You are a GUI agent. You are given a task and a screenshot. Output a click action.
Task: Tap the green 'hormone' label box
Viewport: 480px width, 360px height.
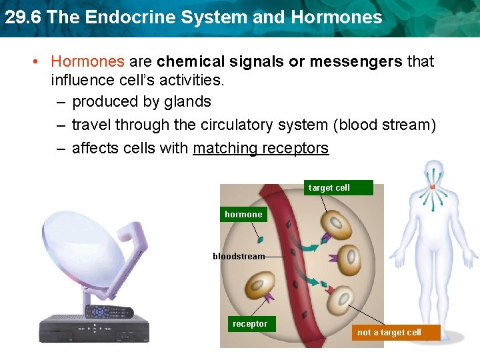243,215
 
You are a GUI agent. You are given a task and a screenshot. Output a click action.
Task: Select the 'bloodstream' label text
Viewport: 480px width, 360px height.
239,256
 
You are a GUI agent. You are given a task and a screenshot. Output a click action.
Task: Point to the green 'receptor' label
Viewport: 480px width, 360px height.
250,324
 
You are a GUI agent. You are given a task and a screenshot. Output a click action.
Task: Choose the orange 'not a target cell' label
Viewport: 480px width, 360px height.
389,332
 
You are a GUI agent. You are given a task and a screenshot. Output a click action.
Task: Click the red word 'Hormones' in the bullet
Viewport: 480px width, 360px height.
87,61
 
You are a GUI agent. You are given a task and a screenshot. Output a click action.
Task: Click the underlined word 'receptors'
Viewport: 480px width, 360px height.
295,148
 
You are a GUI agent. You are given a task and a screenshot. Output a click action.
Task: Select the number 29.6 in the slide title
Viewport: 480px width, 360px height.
23,17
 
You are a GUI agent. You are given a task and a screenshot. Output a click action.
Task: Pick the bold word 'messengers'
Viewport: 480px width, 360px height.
354,61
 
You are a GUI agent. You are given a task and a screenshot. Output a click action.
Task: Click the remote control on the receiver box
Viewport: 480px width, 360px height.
108,311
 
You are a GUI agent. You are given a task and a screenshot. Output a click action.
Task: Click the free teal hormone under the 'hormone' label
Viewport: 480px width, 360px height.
261,239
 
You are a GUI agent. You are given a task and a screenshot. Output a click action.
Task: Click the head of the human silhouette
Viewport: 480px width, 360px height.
434,170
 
